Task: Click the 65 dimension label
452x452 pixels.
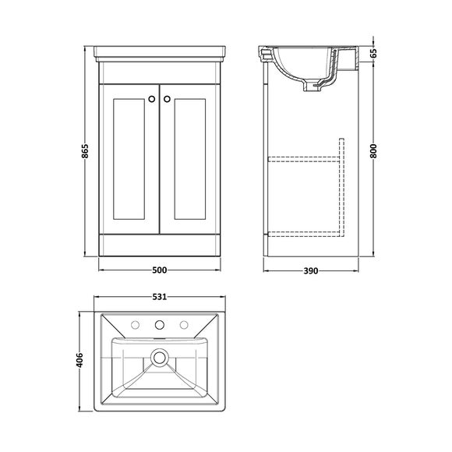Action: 374,54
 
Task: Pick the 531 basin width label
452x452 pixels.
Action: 160,297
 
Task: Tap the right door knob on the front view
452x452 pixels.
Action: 166,98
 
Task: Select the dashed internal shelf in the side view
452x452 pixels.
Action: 304,157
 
